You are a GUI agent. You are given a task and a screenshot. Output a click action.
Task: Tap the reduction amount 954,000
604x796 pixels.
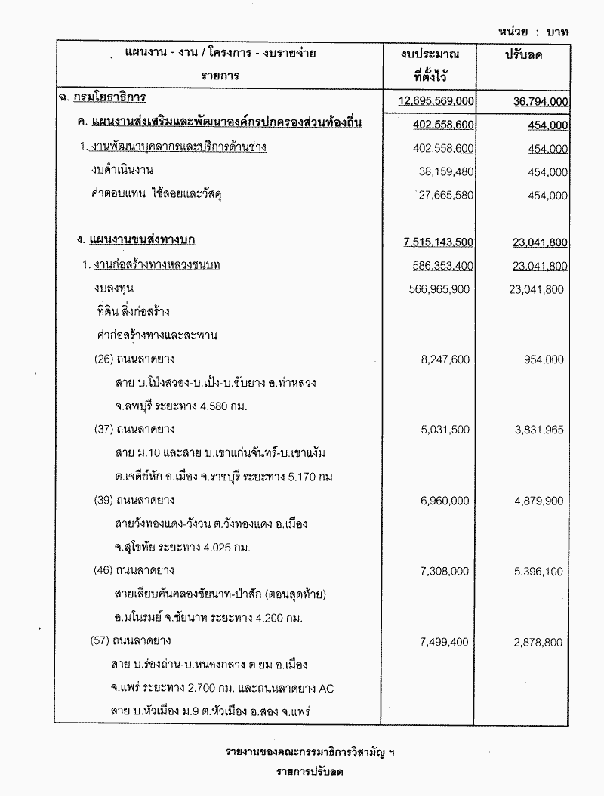[544, 359]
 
